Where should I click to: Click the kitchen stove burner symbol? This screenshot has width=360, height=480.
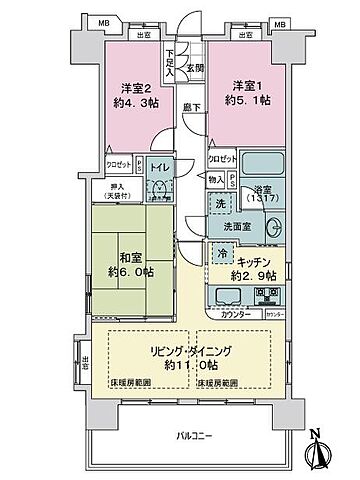266,294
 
